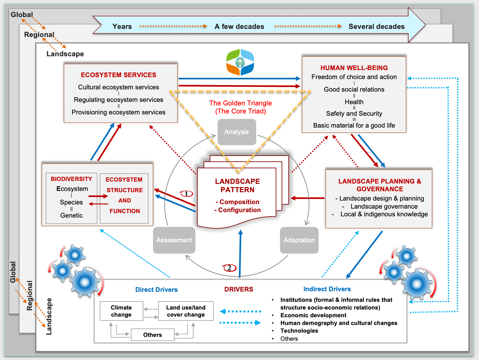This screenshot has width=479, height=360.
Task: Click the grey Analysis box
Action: pyautogui.click(x=237, y=132)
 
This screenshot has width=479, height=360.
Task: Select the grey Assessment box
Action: pyautogui.click(x=174, y=240)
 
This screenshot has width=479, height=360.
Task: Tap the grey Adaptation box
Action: pyautogui.click(x=299, y=240)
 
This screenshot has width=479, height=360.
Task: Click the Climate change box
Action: pyautogui.click(x=121, y=311)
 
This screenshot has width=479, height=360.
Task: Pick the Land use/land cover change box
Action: pyautogui.click(x=186, y=311)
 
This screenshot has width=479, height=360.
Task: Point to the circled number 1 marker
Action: pyautogui.click(x=186, y=194)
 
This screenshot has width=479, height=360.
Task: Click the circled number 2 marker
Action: pyautogui.click(x=230, y=268)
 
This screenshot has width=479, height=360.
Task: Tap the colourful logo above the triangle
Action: pyautogui.click(x=240, y=62)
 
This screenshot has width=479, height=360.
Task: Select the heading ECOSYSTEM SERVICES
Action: pyautogui.click(x=118, y=75)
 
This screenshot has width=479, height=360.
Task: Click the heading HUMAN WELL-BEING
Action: pyautogui.click(x=354, y=68)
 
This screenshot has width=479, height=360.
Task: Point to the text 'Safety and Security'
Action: pyautogui.click(x=354, y=113)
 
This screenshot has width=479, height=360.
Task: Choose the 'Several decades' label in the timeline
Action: pyautogui.click(x=376, y=27)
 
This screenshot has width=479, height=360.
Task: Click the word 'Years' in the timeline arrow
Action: pyautogui.click(x=122, y=27)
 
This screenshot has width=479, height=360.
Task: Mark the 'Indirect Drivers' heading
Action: pyautogui.click(x=327, y=289)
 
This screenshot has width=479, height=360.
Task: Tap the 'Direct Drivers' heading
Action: pyautogui.click(x=156, y=290)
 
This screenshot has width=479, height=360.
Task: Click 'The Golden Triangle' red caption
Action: pyautogui.click(x=240, y=103)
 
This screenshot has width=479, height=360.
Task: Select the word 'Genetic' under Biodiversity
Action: pyautogui.click(x=71, y=215)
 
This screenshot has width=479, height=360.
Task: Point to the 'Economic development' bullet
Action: pyautogui.click(x=313, y=315)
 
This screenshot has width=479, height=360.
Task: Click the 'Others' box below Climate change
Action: pyautogui.click(x=152, y=335)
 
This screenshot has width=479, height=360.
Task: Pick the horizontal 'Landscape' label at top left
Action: pyautogui.click(x=65, y=54)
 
